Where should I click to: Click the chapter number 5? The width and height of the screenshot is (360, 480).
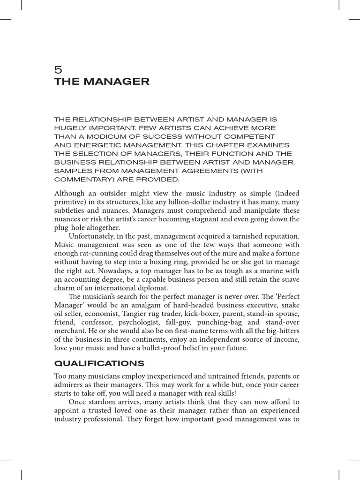(x=58, y=69)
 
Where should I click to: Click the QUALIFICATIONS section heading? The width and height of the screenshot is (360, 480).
(x=99, y=364)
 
